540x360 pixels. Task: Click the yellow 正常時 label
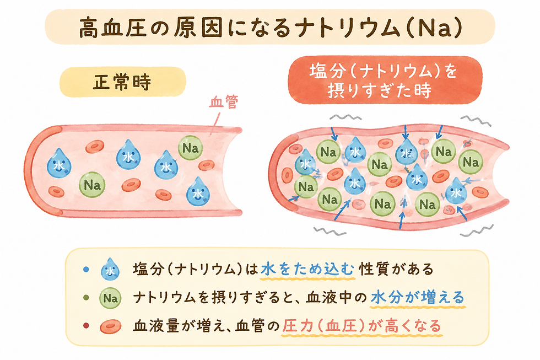pyautogui.click(x=122, y=82)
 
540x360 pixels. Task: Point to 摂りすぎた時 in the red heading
pyautogui.click(x=380, y=90)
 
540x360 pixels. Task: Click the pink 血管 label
pyautogui.click(x=224, y=103)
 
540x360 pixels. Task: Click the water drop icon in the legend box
pyautogui.click(x=110, y=268)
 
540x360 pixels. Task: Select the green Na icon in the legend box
pyautogui.click(x=110, y=298)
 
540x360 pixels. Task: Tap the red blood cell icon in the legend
pyautogui.click(x=111, y=326)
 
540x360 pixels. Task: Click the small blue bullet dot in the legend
pyautogui.click(x=86, y=270)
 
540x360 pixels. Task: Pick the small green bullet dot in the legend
pyautogui.click(x=86, y=298)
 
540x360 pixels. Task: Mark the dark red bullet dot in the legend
pyautogui.click(x=86, y=326)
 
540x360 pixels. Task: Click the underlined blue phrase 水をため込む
pyautogui.click(x=307, y=269)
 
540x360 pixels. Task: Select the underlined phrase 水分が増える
pyautogui.click(x=418, y=298)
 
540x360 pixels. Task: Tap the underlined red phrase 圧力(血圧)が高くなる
pyautogui.click(x=361, y=326)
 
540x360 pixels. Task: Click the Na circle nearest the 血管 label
pyautogui.click(x=190, y=148)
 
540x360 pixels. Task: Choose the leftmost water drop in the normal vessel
pyautogui.click(x=60, y=163)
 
